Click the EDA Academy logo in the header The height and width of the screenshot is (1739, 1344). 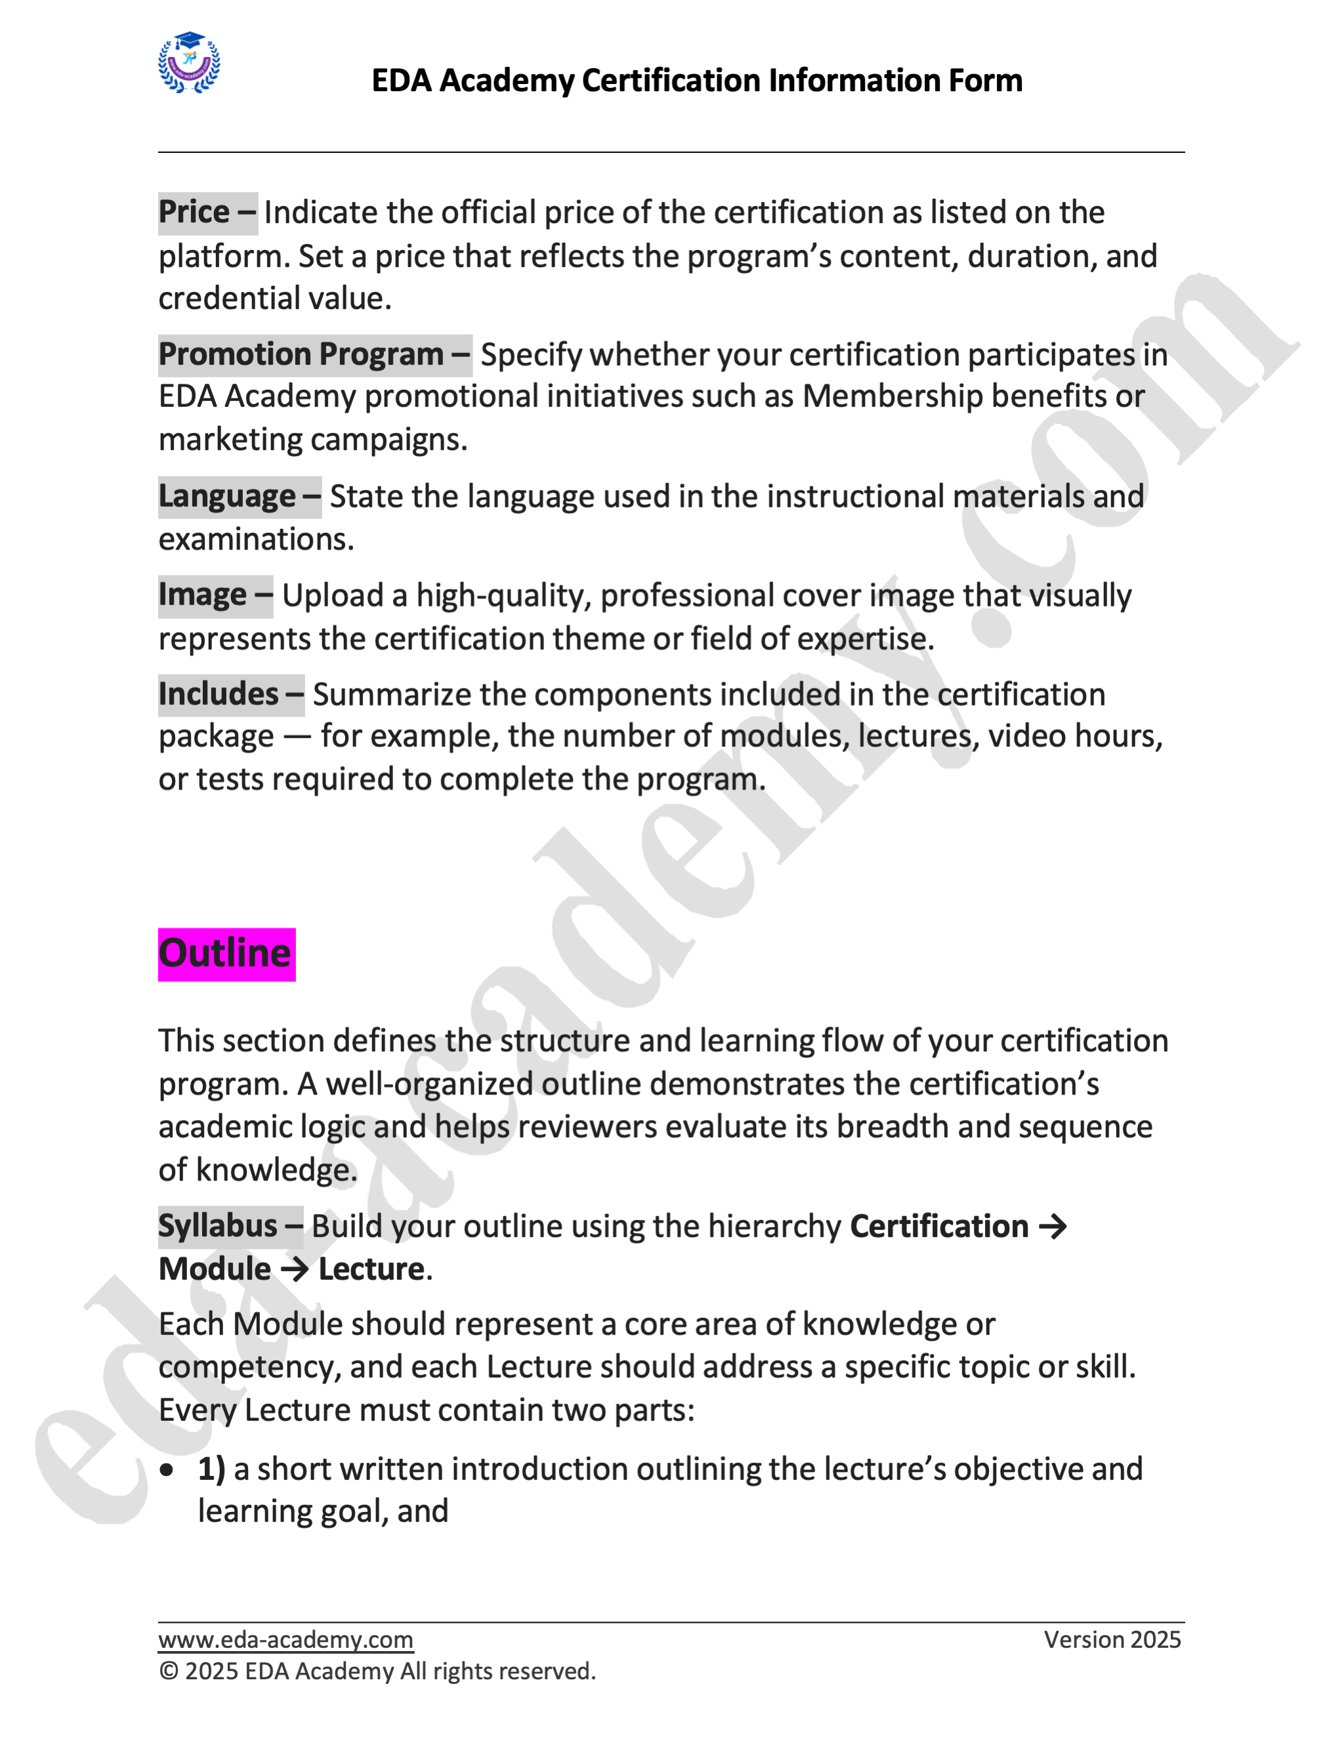coord(189,63)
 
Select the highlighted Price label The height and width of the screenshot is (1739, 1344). coord(207,213)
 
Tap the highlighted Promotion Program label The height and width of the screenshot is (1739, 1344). coord(314,354)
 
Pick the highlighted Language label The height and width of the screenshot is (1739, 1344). coord(239,496)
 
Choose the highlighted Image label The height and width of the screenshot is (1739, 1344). coord(215,596)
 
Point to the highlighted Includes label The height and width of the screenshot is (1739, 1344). coord(230,694)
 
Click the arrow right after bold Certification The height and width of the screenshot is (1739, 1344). coord(1053,1226)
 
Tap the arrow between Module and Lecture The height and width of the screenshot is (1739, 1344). coord(294,1269)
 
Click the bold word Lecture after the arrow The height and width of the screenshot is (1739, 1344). coord(371,1269)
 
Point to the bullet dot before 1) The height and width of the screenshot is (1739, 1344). coord(167,1470)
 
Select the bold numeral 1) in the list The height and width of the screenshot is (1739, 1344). coord(211,1469)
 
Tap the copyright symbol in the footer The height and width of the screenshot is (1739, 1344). coord(168,1671)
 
